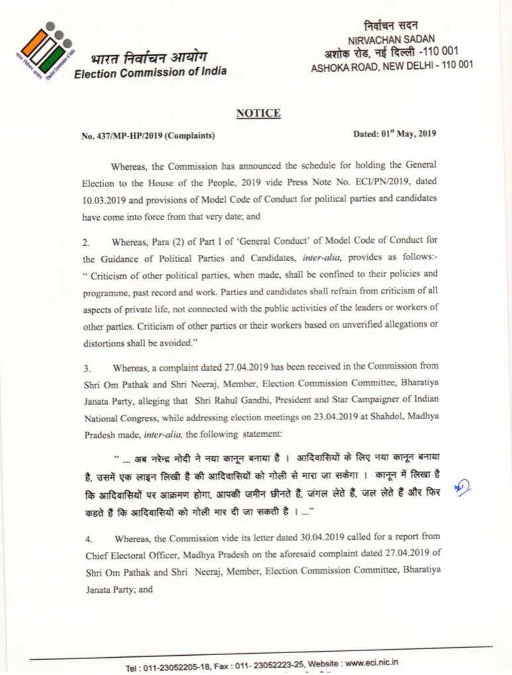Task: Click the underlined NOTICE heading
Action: (x=258, y=113)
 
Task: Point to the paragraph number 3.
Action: (x=85, y=366)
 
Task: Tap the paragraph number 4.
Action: (x=85, y=536)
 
